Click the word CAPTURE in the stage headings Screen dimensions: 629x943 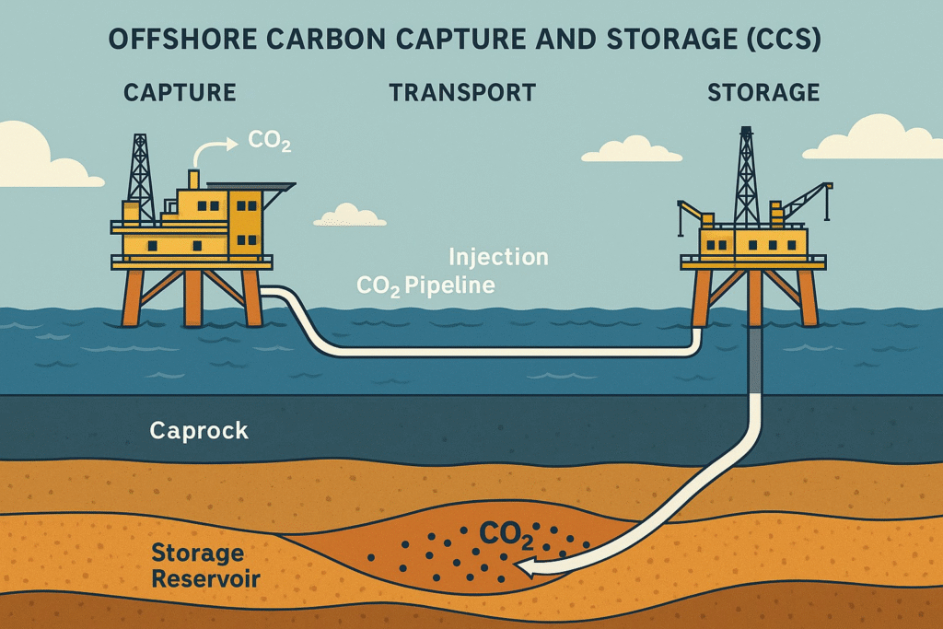180,93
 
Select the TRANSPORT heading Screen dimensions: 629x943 461,93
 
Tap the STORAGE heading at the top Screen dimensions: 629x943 763,93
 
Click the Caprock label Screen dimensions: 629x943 199,430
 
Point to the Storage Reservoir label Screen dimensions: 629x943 205,566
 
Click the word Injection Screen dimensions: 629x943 498,257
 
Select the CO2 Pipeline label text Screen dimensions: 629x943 425,285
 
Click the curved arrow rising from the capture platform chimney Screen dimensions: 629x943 215,148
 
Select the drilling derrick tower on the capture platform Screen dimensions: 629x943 140,180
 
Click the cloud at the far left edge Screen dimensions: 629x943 32,157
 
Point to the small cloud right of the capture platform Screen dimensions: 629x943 349,215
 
